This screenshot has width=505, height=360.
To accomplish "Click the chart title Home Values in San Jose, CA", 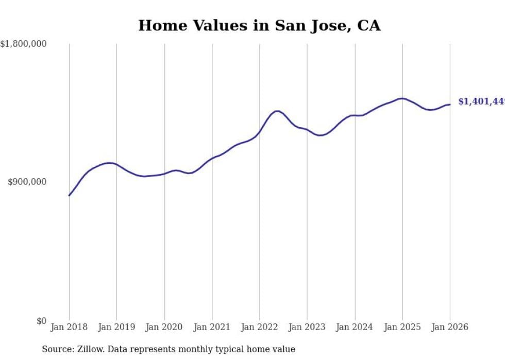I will (x=259, y=26).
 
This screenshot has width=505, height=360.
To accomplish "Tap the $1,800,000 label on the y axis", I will (x=24, y=44).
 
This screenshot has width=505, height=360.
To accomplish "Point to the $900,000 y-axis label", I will (x=27, y=182).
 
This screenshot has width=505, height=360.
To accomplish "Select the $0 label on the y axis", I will (x=41, y=321).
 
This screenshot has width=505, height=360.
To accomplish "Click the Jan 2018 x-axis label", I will (x=69, y=327).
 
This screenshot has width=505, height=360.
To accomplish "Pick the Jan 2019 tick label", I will (x=116, y=327).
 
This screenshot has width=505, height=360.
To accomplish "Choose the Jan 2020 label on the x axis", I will (x=164, y=327).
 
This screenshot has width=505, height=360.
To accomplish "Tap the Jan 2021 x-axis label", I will (x=212, y=327).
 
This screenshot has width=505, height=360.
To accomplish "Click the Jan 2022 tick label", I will (x=260, y=327).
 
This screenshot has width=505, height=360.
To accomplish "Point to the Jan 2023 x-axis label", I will (x=307, y=327).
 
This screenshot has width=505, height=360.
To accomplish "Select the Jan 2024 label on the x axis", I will (x=355, y=327).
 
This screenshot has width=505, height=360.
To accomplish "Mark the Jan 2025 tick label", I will (x=402, y=327).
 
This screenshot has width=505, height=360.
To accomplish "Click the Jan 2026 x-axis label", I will (x=450, y=327).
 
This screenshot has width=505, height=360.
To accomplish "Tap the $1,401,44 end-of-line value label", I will (x=481, y=102).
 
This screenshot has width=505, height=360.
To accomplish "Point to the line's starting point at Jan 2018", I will (x=69, y=195).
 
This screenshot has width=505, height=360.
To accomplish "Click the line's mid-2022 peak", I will (x=277, y=111).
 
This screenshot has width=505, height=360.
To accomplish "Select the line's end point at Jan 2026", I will (x=450, y=105).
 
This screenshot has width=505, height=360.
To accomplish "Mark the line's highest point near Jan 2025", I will (x=401, y=98).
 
